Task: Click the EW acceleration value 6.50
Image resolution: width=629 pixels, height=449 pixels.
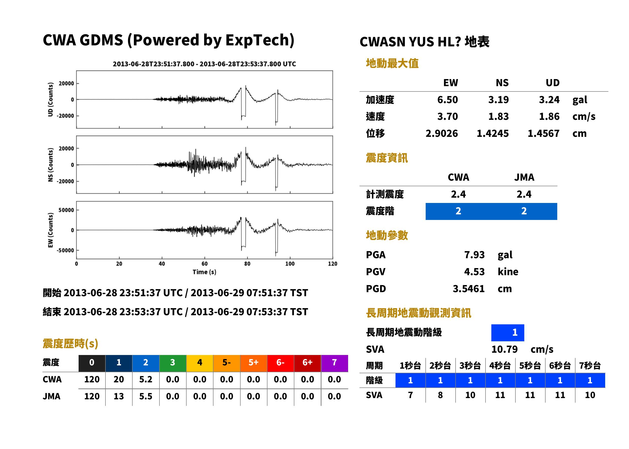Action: point(447,100)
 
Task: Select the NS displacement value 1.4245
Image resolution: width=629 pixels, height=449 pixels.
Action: point(492,133)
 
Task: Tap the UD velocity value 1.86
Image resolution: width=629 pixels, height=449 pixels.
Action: point(549,116)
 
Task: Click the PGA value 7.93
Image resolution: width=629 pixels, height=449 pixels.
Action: point(474,255)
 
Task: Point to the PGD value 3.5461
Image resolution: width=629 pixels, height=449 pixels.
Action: point(469,289)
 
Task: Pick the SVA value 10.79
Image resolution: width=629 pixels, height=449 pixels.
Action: point(504,349)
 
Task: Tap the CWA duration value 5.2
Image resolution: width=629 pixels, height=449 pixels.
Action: point(146,379)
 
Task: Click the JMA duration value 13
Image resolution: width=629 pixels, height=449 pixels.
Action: point(119,396)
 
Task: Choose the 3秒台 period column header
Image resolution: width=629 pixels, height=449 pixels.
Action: point(470,365)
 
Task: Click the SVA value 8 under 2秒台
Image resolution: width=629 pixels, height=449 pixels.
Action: point(440,395)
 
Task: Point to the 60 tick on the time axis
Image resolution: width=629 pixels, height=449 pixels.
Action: point(204,264)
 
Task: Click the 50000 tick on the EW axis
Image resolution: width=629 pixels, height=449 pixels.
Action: point(66,210)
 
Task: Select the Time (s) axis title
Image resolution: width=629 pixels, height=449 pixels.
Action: point(204,272)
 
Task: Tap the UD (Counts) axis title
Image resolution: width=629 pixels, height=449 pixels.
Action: point(50,99)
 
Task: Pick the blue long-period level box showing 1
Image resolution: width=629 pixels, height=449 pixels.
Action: point(508,333)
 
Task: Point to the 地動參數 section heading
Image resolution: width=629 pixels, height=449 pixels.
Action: point(387,235)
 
